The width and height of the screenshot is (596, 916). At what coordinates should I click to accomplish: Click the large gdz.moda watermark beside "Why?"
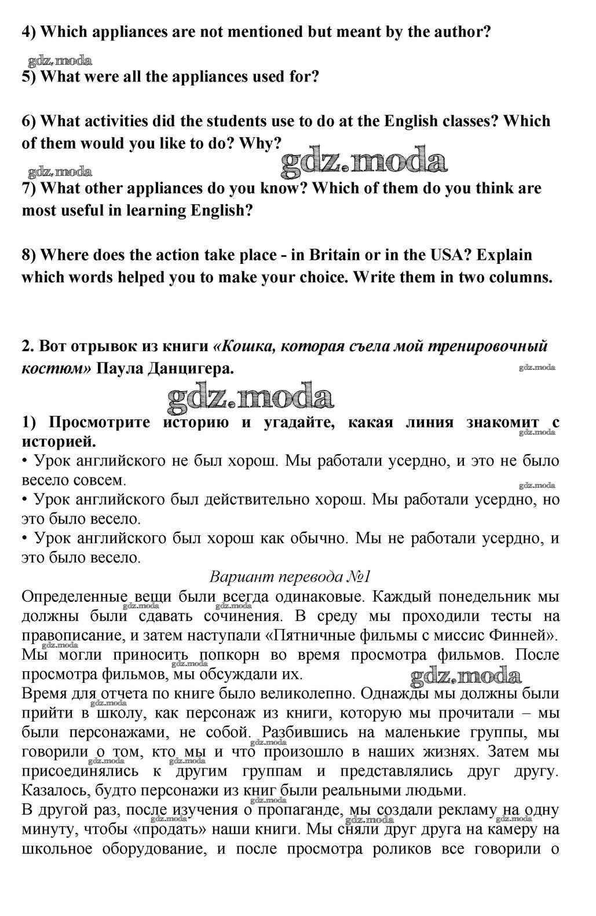pos(364,160)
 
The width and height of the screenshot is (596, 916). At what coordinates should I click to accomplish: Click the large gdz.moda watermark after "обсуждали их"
pos(466,675)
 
